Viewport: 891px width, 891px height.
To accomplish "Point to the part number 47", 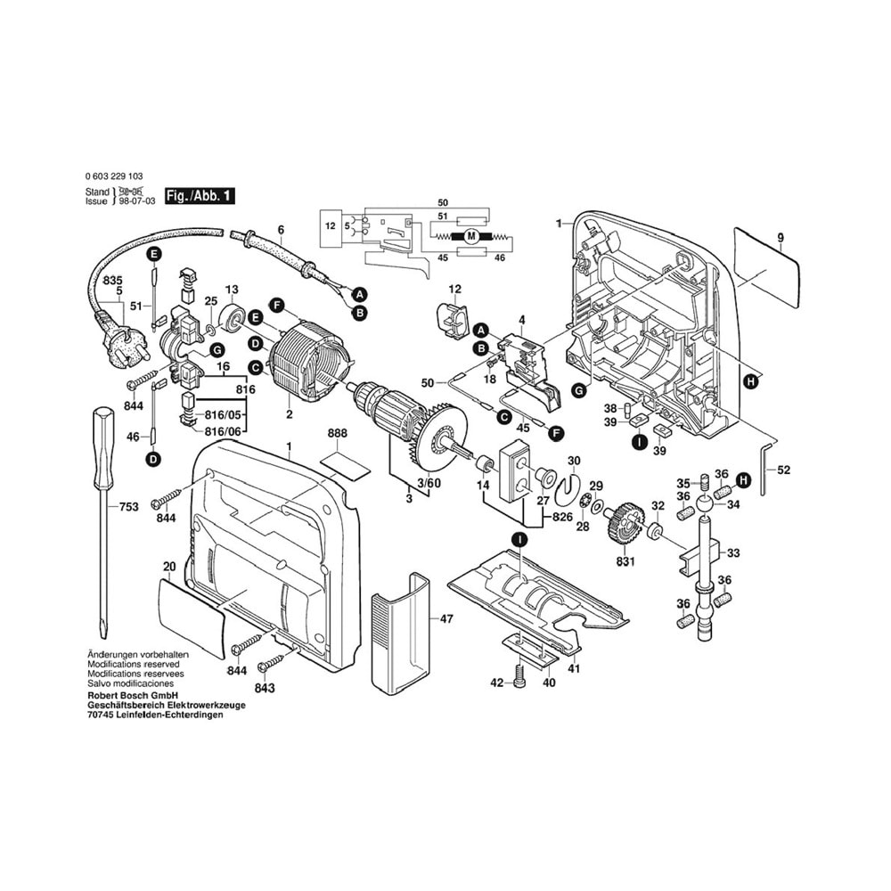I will point(446,617).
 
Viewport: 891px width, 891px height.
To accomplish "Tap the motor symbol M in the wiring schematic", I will point(471,235).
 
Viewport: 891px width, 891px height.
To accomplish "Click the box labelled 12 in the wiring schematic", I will point(330,226).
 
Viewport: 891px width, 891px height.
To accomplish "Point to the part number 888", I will point(337,433).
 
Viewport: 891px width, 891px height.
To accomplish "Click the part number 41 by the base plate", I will point(575,668).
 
